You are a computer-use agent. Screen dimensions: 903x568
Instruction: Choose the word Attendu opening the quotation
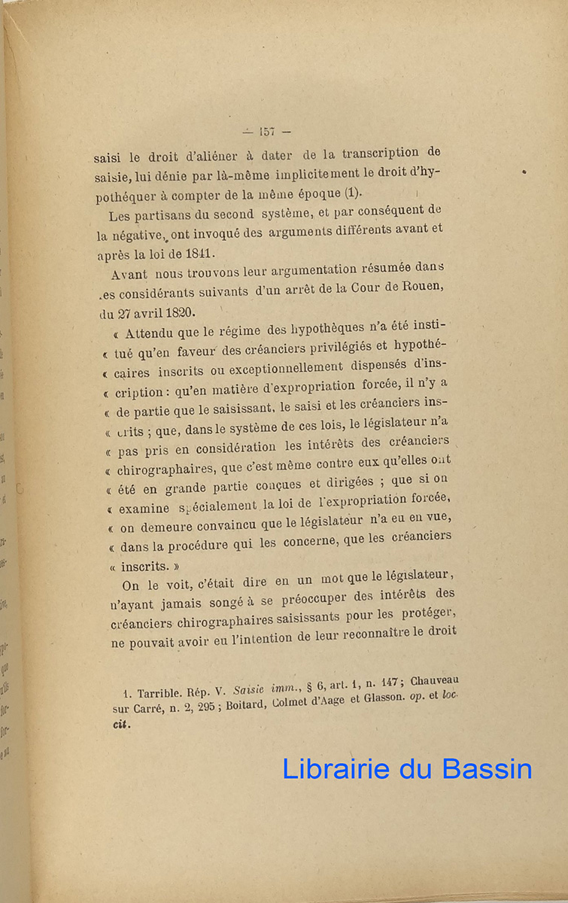(x=148, y=332)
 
